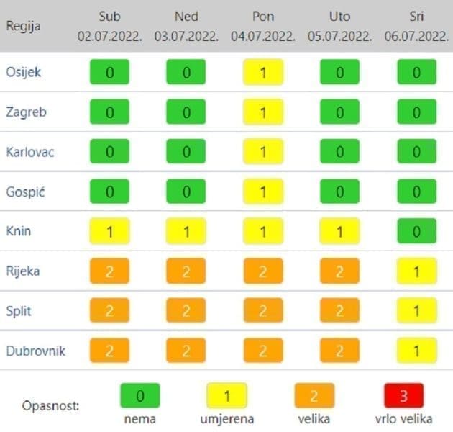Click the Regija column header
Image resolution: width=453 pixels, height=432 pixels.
point(23,26)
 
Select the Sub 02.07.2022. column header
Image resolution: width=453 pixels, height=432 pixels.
point(109,26)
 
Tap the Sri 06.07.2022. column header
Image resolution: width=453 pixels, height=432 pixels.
point(416,26)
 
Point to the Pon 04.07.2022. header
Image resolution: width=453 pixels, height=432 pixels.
point(262,26)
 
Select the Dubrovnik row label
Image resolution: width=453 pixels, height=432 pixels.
point(35,351)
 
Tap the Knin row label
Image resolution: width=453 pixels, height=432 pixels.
point(18,231)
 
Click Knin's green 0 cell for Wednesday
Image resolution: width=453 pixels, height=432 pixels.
point(417,231)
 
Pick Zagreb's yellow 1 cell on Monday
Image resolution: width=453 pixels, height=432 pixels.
point(263,112)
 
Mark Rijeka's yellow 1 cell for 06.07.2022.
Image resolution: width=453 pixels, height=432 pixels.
point(417,271)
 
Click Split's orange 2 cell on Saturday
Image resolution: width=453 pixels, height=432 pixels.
point(109,311)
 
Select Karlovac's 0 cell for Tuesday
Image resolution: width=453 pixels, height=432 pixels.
point(339,152)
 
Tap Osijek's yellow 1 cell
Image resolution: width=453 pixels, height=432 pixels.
point(263,72)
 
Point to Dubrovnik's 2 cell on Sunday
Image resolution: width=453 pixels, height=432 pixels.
point(186,351)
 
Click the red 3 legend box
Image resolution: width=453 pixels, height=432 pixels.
point(403,395)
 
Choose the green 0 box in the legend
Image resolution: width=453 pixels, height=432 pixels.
point(139,395)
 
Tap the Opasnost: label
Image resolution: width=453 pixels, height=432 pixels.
point(50,405)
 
